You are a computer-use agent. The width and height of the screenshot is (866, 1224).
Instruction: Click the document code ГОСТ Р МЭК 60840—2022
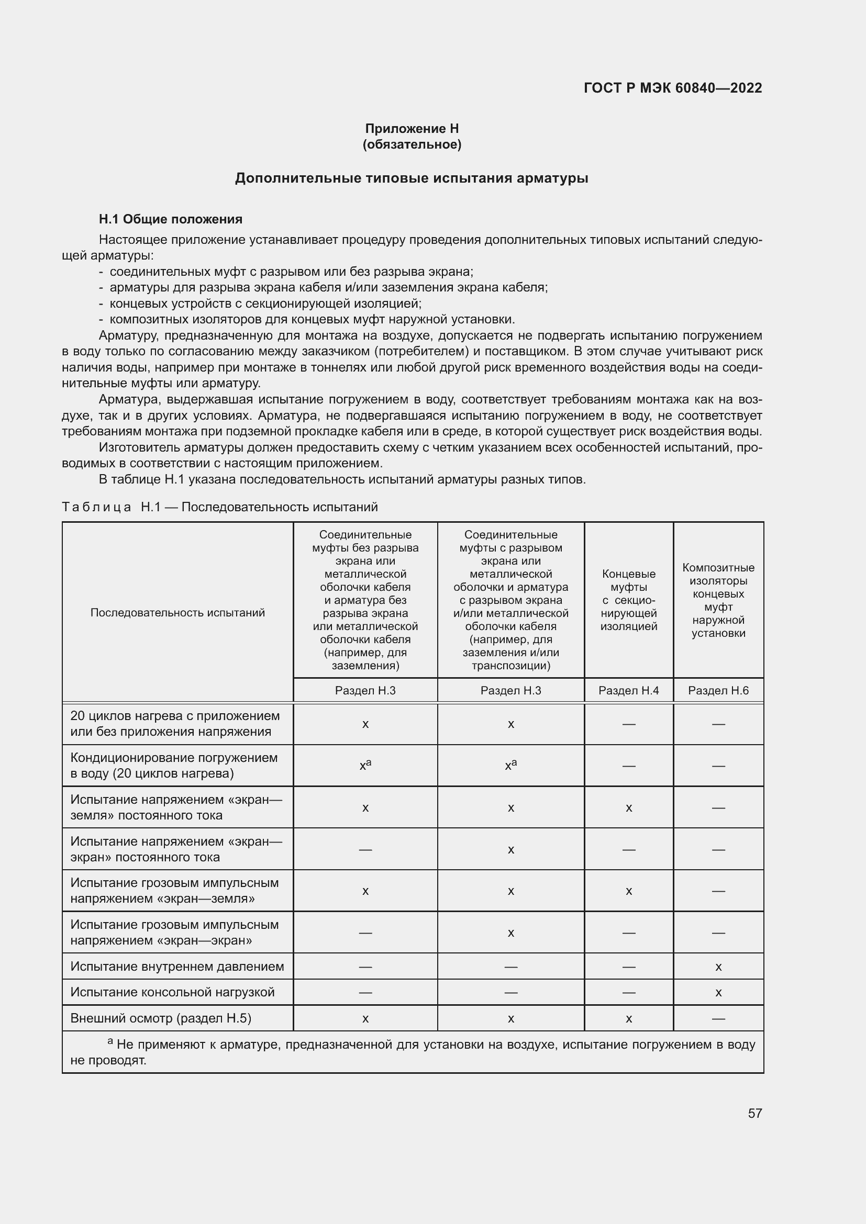pos(672,88)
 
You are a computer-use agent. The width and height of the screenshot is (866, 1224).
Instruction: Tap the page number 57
pos(754,1113)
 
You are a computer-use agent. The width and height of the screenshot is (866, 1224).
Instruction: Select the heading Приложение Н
pos(412,129)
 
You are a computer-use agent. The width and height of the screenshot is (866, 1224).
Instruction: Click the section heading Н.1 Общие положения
pos(170,219)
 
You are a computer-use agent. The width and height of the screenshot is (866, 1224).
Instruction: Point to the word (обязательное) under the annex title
pos(412,144)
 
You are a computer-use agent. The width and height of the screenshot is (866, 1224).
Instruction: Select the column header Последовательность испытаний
pos(177,613)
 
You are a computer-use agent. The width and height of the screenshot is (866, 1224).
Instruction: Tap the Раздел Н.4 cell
pos(628,690)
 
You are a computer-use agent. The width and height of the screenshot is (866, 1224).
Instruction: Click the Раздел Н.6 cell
pos(718,690)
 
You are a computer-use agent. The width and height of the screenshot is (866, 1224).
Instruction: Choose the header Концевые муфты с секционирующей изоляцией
pos(628,600)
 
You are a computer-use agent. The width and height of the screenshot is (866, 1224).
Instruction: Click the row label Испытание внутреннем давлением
pos(177,967)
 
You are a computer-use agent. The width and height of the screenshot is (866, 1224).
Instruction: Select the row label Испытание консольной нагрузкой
pos(172,992)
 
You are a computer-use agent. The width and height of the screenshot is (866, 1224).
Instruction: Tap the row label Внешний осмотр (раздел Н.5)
pos(161,1018)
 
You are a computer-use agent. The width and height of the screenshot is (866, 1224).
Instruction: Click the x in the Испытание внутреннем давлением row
pos(718,967)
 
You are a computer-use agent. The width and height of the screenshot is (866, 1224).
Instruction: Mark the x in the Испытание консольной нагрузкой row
pos(718,993)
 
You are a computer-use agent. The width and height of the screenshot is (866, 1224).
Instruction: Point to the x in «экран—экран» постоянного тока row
pos(510,850)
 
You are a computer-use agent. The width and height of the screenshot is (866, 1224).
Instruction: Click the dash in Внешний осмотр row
pos(718,1019)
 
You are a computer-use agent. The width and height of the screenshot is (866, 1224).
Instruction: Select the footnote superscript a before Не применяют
pos(110,1041)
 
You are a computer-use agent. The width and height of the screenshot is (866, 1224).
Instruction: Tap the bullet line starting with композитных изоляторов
pos(312,319)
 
